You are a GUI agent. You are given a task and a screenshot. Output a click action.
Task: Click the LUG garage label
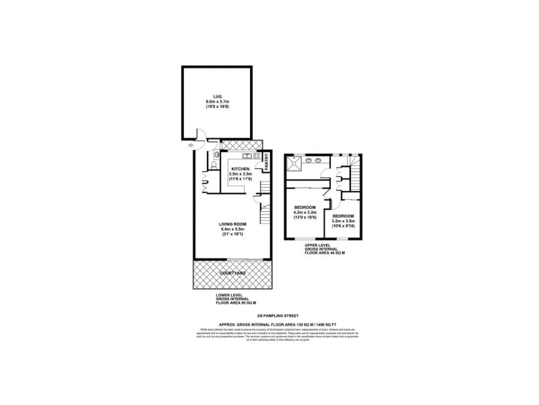217,97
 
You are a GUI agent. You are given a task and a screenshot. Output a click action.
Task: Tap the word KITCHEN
241,169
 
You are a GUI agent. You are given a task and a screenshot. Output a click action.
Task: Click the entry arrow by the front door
191,144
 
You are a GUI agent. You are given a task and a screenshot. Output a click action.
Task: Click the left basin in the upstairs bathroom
309,161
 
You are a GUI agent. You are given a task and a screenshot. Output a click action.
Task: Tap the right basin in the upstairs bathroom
318,161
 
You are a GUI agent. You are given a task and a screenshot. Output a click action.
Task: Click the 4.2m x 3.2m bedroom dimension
305,211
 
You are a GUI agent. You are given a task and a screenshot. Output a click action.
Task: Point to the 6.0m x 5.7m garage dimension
217,101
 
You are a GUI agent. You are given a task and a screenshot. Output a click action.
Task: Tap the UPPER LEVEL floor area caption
325,248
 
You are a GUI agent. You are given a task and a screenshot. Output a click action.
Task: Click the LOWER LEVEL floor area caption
236,300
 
